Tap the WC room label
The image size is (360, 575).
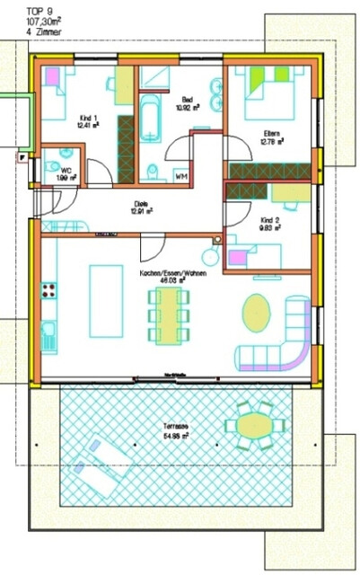(64, 172)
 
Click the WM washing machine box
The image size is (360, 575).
(182, 175)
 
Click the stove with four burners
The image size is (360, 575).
(48, 291)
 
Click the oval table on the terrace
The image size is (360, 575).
(255, 423)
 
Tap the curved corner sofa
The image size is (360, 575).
(287, 337)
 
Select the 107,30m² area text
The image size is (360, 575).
(20, 19)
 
